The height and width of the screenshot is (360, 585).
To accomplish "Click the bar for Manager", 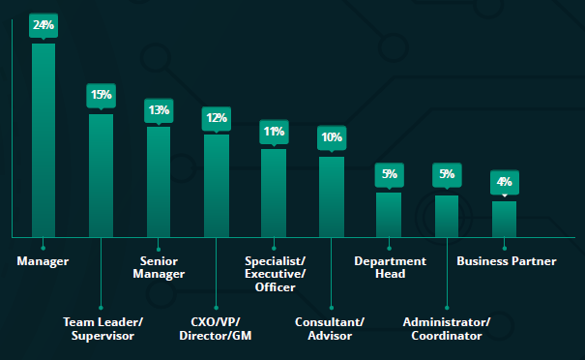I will point(44,139).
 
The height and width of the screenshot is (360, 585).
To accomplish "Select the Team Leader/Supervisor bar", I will point(101,175).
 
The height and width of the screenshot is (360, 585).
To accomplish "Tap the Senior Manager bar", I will point(159,181).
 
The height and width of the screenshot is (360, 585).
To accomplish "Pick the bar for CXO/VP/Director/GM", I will point(216,185).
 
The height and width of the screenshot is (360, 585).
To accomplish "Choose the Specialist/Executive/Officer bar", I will point(274,193).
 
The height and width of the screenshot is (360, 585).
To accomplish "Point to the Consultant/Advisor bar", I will point(331,196).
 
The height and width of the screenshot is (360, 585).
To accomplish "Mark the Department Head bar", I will point(389,214).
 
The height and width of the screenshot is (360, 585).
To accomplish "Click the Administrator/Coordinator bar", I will point(446,216).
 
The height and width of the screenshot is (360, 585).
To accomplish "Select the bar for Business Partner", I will point(504,219).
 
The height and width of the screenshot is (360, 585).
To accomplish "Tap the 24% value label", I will point(44,25).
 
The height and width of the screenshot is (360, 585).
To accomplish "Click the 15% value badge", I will point(101,95).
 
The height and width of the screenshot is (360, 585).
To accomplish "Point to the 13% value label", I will point(159,110).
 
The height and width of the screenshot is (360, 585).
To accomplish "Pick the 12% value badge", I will point(216,118).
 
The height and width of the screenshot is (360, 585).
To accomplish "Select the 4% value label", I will point(504,182).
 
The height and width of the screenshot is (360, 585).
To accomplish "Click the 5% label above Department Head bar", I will point(389,174).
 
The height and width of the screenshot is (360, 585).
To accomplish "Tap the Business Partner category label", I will point(506,261).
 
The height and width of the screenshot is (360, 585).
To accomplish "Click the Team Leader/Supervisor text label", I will point(102,328).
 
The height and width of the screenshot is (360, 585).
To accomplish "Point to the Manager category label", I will point(43,261).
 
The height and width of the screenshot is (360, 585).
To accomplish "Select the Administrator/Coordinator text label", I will point(446,328).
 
